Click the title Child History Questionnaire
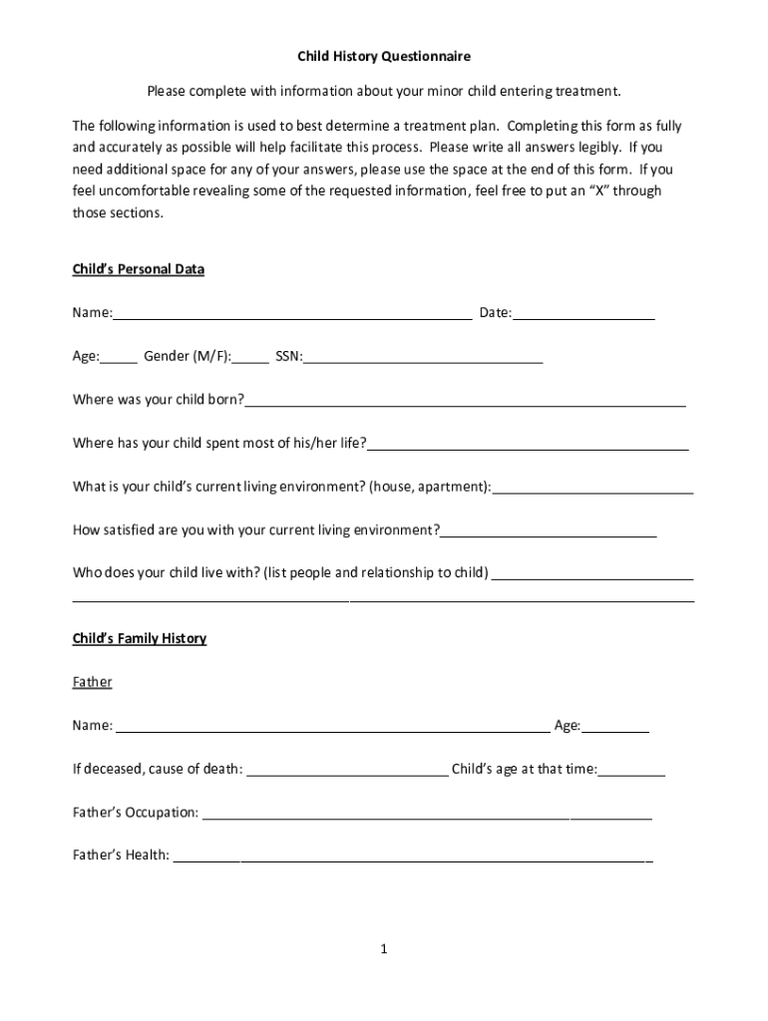point(384,57)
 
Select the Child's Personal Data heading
point(139,269)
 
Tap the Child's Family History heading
point(140,638)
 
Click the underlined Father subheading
point(93,682)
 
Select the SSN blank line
point(423,358)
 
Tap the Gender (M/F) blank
point(251,358)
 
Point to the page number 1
point(383,949)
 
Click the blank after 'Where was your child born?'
point(465,402)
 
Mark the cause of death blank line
point(347,771)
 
